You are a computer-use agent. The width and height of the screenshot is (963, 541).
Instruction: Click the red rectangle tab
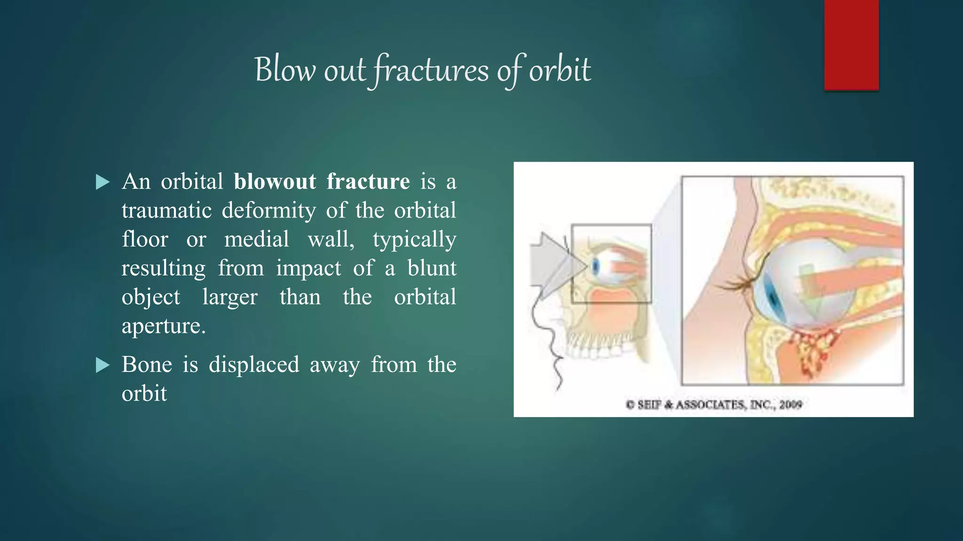click(x=851, y=45)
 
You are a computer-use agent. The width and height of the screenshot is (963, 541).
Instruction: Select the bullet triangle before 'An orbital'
click(x=102, y=182)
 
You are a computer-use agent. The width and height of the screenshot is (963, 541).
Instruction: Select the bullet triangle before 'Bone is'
click(x=102, y=365)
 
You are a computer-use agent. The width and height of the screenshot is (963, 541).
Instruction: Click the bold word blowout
click(x=275, y=182)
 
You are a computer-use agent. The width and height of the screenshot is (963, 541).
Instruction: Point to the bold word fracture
click(x=368, y=182)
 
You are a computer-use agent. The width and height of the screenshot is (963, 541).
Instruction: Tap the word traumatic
click(x=166, y=210)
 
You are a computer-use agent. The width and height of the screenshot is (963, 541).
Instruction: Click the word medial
click(x=256, y=240)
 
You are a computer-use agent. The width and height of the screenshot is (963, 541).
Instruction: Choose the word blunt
click(x=432, y=268)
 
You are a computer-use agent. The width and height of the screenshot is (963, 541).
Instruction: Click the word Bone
click(x=147, y=365)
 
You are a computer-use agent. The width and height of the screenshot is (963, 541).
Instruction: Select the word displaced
click(x=254, y=365)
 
